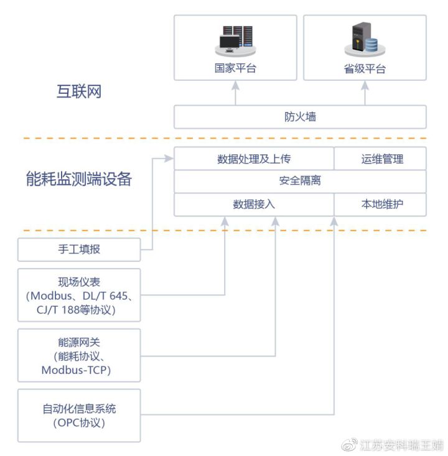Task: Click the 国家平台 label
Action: point(235,68)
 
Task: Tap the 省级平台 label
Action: point(365,69)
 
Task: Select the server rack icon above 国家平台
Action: point(235,40)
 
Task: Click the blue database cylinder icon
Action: point(371,45)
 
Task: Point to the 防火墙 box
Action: point(300,117)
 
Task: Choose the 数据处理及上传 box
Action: point(254,159)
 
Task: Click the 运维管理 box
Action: point(380,159)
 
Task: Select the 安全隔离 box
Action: point(300,181)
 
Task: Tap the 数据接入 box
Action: point(254,205)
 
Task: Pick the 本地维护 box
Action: point(380,205)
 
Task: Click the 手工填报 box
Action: point(79,249)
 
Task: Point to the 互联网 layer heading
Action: point(79,91)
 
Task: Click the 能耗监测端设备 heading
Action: point(79,179)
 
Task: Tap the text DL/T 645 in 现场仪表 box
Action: point(105,296)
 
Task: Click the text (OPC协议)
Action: point(79,423)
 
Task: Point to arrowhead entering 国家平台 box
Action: point(235,85)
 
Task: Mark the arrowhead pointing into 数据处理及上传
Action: point(169,159)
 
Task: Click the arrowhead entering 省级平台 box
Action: point(365,85)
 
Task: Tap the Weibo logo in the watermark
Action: point(350,445)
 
